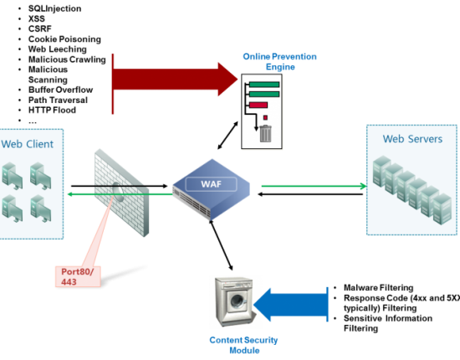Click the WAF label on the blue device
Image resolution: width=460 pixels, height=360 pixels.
(x=212, y=184)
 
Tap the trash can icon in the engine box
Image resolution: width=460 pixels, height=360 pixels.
(x=266, y=134)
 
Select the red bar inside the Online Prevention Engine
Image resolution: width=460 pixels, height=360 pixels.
(x=258, y=105)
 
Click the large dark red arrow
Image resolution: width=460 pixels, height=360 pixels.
(x=175, y=79)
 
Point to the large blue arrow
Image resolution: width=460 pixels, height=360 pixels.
(x=291, y=305)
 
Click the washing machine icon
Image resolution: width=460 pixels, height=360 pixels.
(x=234, y=301)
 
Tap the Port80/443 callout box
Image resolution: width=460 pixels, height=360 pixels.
(x=78, y=276)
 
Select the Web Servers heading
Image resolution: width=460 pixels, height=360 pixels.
(x=412, y=139)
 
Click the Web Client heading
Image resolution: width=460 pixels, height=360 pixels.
(x=28, y=144)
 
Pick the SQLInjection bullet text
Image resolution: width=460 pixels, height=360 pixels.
(x=55, y=8)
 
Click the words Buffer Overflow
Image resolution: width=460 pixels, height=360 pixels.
(x=61, y=90)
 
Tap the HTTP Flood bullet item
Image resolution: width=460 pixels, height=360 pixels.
(x=52, y=111)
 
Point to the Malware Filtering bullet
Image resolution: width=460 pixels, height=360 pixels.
(x=378, y=288)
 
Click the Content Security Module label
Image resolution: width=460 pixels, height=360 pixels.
(x=243, y=345)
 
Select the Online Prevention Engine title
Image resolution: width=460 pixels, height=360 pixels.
(x=280, y=62)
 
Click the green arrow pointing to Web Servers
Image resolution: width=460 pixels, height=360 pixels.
(x=314, y=186)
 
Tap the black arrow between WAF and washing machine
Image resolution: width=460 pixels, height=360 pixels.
(x=221, y=245)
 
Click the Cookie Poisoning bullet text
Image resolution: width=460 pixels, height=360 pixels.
(x=64, y=39)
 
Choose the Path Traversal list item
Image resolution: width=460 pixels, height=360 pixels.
(x=58, y=100)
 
